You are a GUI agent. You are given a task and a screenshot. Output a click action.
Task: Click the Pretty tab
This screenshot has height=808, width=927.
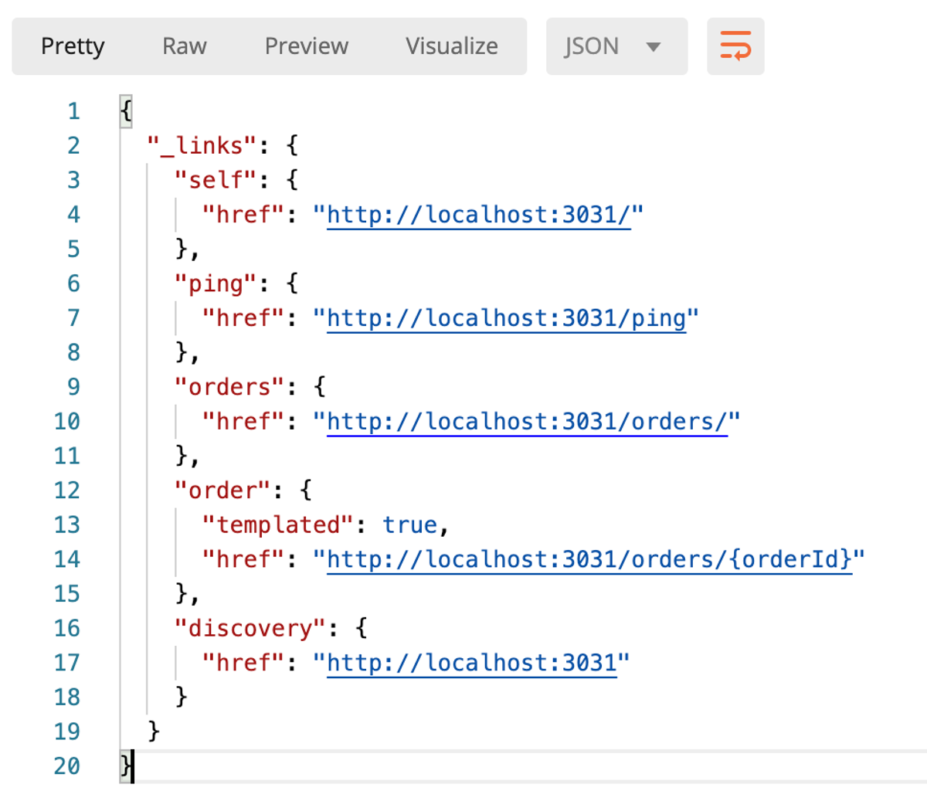coord(73,46)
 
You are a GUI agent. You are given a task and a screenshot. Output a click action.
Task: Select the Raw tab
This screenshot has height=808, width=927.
coord(185,46)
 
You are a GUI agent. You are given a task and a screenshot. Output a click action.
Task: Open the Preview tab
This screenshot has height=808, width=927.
coord(306,46)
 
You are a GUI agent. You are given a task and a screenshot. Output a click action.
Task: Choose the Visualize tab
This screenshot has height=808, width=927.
coord(452,46)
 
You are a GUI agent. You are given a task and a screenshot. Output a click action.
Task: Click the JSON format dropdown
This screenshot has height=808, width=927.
coord(616,46)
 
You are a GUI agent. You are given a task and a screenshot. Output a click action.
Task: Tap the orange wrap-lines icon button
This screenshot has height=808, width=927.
coord(735,46)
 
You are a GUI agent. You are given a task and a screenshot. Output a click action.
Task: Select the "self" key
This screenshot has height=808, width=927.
coord(216,180)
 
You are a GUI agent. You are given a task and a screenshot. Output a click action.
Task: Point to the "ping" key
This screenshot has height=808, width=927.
coord(216,284)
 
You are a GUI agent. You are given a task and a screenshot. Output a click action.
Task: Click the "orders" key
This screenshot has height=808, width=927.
coord(229,387)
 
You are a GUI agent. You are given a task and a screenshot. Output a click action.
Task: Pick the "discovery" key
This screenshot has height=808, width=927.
coord(250,629)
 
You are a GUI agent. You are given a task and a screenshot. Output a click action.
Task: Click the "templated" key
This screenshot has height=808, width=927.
coord(277,525)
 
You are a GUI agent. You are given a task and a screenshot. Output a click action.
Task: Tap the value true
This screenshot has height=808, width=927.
coord(409,525)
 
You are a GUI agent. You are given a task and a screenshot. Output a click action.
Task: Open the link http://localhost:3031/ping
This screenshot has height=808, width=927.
coord(506,318)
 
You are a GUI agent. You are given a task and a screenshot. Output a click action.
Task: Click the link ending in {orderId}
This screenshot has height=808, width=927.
coord(589,560)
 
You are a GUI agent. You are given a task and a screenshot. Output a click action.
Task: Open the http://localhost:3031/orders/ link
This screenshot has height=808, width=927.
coord(527,422)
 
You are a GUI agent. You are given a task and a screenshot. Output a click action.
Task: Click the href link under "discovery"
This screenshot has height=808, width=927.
coord(472,663)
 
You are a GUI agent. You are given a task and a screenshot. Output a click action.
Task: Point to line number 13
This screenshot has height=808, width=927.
coord(67,525)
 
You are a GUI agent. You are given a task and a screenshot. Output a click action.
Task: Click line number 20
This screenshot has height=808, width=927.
coord(67,766)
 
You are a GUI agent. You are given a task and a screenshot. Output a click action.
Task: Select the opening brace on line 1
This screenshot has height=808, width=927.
coord(126,111)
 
